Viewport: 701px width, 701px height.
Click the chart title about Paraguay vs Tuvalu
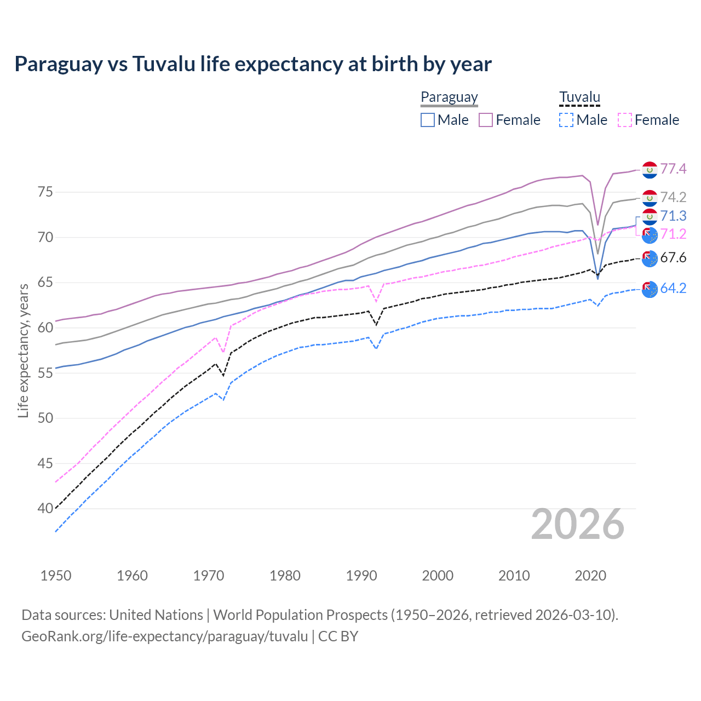(253, 64)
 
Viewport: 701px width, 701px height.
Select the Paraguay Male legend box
(428, 120)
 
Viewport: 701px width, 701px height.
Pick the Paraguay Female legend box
(486, 120)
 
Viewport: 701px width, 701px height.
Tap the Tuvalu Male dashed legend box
(566, 120)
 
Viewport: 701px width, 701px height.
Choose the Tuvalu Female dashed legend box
(624, 120)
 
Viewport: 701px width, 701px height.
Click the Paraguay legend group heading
(449, 97)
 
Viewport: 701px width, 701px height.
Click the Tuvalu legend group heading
(579, 97)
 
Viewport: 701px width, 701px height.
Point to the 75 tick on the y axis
(45, 192)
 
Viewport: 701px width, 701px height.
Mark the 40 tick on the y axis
(45, 509)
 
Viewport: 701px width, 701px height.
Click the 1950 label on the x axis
(56, 576)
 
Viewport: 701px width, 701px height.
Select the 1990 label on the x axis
(361, 576)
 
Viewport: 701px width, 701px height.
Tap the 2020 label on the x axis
(590, 576)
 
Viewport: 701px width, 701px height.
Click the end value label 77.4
(673, 169)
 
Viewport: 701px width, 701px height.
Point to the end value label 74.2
(673, 197)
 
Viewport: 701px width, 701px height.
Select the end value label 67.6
(673, 257)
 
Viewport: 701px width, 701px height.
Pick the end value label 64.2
(673, 288)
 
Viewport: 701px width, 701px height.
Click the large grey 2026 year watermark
(578, 524)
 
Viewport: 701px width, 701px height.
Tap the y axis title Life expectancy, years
(23, 350)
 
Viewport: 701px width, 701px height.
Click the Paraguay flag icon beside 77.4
(650, 170)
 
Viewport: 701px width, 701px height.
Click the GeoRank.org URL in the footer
(164, 636)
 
